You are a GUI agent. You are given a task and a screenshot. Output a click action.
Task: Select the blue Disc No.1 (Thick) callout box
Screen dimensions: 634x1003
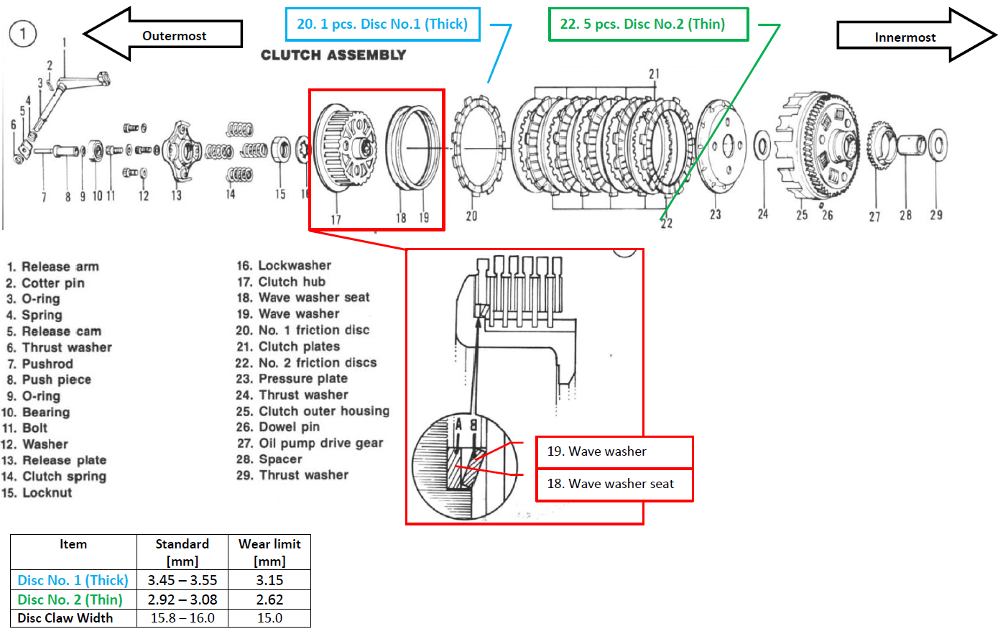pyautogui.click(x=382, y=24)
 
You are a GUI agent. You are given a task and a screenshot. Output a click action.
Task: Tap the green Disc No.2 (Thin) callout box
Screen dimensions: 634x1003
pyautogui.click(x=647, y=24)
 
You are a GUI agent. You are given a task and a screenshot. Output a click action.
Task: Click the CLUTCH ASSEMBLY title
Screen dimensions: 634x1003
pyautogui.click(x=333, y=55)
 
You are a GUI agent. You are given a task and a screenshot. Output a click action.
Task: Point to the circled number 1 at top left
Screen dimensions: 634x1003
pyautogui.click(x=23, y=33)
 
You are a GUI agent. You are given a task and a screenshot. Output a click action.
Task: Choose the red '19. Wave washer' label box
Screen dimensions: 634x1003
pyautogui.click(x=614, y=451)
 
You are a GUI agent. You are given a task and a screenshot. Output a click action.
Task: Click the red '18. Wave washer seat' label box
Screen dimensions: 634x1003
pyautogui.click(x=614, y=484)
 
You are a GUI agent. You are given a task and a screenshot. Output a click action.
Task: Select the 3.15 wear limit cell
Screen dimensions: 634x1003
pyautogui.click(x=269, y=580)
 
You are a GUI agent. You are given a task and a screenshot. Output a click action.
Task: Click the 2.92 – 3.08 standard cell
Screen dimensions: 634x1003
pyautogui.click(x=182, y=599)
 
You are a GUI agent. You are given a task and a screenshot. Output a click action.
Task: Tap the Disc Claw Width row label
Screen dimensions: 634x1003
pyautogui.click(x=65, y=618)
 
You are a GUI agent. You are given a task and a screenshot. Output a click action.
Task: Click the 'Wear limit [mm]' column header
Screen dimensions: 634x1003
pyautogui.click(x=269, y=552)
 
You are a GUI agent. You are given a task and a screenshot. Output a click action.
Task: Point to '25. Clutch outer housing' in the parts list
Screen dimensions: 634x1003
pyautogui.click(x=313, y=411)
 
